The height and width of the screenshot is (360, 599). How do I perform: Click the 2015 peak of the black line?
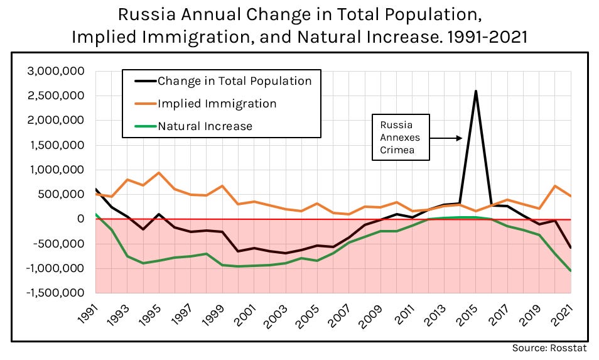(475, 91)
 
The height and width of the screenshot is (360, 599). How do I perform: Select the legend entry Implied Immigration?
(217, 104)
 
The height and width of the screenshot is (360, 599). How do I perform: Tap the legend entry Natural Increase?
(205, 126)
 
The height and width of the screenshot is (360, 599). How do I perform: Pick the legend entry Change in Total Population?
(234, 81)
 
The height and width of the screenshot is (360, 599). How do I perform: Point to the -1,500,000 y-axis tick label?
(55, 293)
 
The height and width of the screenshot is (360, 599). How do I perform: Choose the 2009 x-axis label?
(372, 314)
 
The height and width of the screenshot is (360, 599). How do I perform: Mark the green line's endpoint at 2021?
(570, 271)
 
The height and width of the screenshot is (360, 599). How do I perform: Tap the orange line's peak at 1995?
(159, 173)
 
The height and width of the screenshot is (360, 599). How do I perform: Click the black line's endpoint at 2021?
(570, 248)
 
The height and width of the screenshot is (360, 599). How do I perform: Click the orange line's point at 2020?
(554, 186)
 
